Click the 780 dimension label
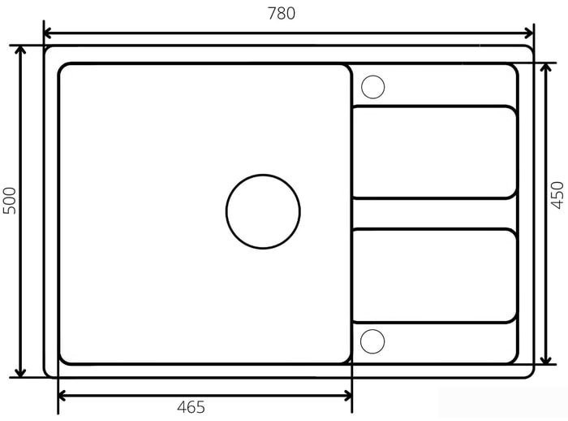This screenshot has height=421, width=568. click(282, 14)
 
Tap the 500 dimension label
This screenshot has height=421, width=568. click(10, 201)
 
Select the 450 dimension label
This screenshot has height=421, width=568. click(557, 195)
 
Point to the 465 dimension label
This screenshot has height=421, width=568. click(191, 407)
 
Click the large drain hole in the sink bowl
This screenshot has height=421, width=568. click(263, 211)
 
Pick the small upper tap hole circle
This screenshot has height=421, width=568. click(372, 87)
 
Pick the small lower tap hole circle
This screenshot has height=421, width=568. click(372, 341)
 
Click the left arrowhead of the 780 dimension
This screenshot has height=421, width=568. click(48, 33)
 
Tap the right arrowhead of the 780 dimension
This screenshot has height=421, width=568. click(529, 33)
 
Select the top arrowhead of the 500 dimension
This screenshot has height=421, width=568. click(20, 50)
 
